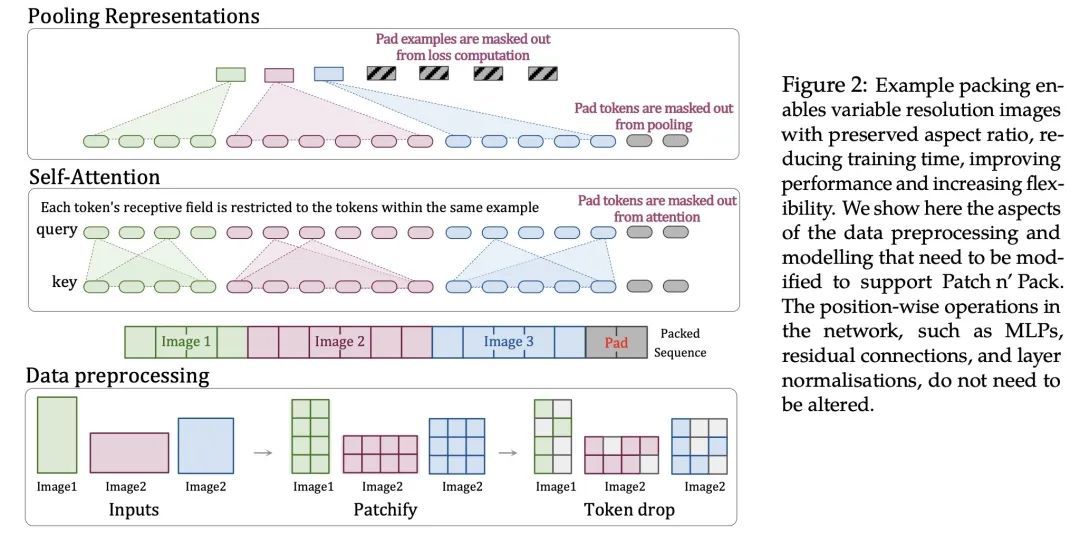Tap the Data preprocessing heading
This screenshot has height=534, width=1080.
point(117,376)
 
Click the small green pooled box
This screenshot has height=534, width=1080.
point(230,74)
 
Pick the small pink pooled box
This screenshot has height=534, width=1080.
point(279,74)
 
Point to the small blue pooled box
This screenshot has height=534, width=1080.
point(328,74)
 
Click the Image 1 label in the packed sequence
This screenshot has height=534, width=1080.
point(186,342)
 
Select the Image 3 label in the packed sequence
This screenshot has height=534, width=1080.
point(509,342)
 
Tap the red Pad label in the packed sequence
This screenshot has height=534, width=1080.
point(616,343)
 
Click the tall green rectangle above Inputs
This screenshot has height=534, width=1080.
point(56,434)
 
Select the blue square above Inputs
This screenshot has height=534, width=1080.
point(205,445)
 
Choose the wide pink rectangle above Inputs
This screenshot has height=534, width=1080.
point(129,452)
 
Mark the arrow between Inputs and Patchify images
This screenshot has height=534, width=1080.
point(263,452)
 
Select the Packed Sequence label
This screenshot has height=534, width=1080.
point(685,342)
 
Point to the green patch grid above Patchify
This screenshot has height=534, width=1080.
point(310,435)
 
